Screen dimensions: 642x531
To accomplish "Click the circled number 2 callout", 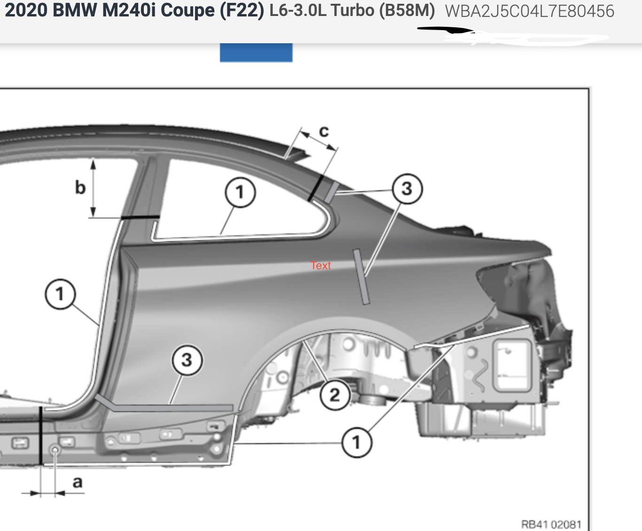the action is click(x=335, y=395).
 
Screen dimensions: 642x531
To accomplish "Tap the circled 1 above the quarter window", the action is click(x=240, y=193).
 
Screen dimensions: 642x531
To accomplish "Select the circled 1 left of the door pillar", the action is click(x=60, y=294).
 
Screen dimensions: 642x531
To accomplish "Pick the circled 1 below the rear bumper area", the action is click(x=357, y=443).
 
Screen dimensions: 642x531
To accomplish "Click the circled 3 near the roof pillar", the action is click(x=407, y=188).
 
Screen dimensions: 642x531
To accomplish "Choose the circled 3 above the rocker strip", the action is click(x=187, y=360).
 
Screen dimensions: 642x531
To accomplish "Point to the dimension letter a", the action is click(x=78, y=482).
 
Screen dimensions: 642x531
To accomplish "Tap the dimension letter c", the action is click(x=324, y=132).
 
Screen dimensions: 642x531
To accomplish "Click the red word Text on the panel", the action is click(x=321, y=265).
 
